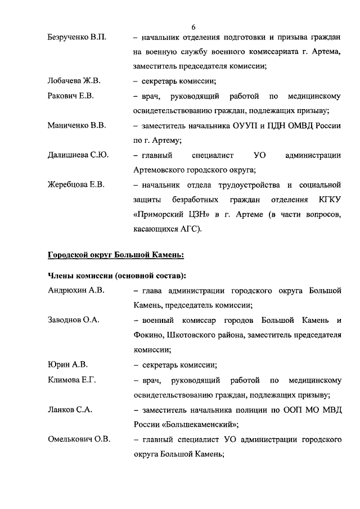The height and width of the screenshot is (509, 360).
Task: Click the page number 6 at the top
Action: point(193,27)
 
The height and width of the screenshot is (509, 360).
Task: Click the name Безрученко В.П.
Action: point(76,38)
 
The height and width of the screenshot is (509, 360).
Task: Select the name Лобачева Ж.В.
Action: point(74,81)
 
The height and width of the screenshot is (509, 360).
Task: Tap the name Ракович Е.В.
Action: point(70,96)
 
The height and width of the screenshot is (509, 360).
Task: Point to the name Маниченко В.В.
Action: point(76,125)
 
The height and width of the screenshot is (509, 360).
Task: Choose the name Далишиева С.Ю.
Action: point(78,155)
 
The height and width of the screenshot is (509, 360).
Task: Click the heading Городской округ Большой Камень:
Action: point(116,254)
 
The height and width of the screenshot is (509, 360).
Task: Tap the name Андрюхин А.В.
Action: point(75,291)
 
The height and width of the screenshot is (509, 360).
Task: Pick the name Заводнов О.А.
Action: point(73,321)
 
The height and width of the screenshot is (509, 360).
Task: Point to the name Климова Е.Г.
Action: point(71,380)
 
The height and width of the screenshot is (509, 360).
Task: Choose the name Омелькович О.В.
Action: point(79,439)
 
